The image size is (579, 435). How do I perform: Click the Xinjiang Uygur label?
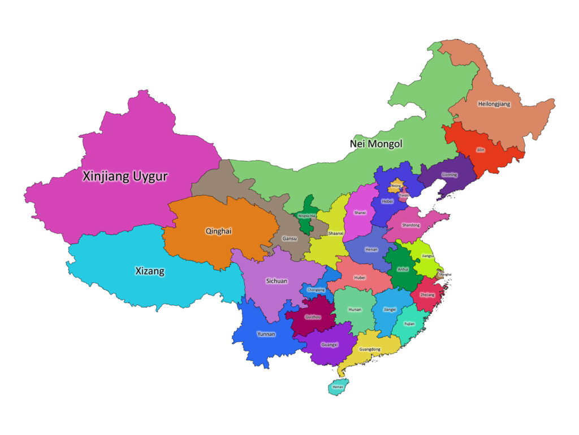tap(125, 176)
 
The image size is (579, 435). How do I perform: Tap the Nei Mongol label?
tap(376, 144)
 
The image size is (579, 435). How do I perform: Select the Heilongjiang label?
tap(494, 104)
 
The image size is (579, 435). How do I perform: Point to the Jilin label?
tap(481, 150)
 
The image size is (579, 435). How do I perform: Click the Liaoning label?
tap(449, 175)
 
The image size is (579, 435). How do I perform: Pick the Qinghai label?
tap(218, 231)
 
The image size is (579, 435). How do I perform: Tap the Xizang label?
tap(150, 271)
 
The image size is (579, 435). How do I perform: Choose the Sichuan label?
tap(276, 281)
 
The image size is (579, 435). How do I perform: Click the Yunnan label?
tap(266, 334)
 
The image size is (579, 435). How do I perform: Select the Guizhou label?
tap(313, 317)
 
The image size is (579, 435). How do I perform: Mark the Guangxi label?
tap(329, 344)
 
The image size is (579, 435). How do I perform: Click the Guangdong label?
tap(370, 349)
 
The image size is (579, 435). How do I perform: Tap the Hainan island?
tap(338, 387)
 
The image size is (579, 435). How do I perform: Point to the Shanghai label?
tap(445, 274)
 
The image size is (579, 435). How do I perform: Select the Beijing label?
tap(396, 185)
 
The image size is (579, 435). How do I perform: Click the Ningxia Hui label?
tap(306, 216)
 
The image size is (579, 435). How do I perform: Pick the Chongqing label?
tap(316, 290)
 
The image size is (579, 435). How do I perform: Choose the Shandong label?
tap(411, 225)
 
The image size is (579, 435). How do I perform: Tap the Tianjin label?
tap(403, 195)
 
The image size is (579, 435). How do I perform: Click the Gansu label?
tap(290, 238)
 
